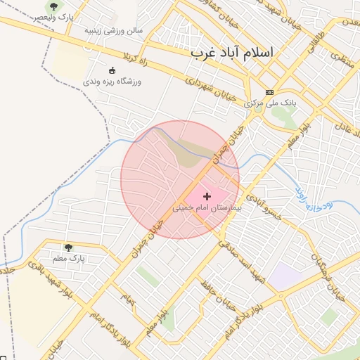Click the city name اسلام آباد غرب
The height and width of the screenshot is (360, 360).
click(234, 53)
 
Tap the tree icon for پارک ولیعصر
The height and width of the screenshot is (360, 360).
click(53, 7)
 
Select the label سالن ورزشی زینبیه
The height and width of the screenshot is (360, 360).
click(113, 30)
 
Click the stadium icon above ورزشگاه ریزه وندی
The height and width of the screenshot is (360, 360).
click(112, 70)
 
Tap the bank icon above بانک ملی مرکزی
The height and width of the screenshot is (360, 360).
click(269, 92)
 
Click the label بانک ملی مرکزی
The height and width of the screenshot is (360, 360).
click(271, 103)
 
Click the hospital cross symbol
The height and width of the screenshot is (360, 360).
click(207, 196)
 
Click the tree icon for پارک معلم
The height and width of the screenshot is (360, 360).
click(68, 247)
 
